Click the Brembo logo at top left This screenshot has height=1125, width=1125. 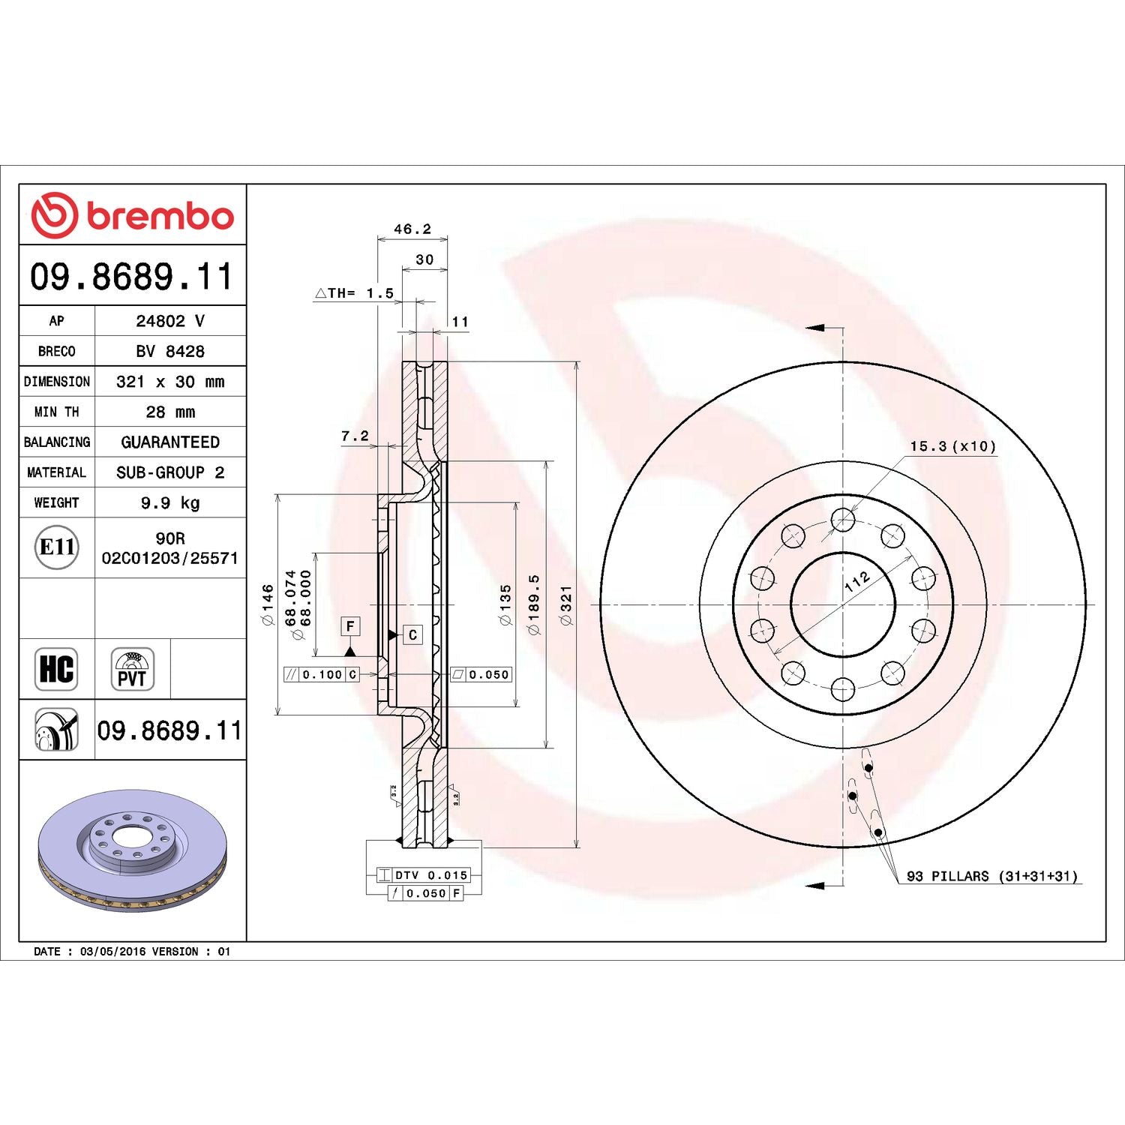[x=132, y=215]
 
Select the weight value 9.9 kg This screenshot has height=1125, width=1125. [x=170, y=502]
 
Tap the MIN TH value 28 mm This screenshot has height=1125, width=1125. [x=170, y=412]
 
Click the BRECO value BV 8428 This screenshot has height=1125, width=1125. [x=170, y=351]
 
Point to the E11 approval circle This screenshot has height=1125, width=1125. [x=57, y=547]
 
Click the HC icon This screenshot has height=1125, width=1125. [x=56, y=669]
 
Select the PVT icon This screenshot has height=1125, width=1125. [x=132, y=669]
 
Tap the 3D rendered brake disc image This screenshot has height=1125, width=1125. [x=132, y=850]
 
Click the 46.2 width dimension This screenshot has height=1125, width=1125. [x=412, y=229]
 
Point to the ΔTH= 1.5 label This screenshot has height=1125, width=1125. [x=355, y=293]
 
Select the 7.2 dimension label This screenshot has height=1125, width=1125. [x=355, y=436]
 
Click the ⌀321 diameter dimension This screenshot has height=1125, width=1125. [x=566, y=605]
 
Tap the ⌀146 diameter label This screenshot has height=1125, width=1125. [x=268, y=605]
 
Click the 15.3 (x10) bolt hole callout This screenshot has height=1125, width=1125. [x=952, y=446]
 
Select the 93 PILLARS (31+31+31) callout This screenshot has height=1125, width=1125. [x=991, y=876]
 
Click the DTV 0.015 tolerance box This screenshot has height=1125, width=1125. [x=430, y=875]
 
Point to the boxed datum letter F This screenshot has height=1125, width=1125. [x=350, y=626]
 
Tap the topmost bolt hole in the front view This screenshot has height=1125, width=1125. [x=843, y=519]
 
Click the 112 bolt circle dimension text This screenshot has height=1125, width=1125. [x=856, y=581]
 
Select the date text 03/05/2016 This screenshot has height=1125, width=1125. [x=112, y=952]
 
